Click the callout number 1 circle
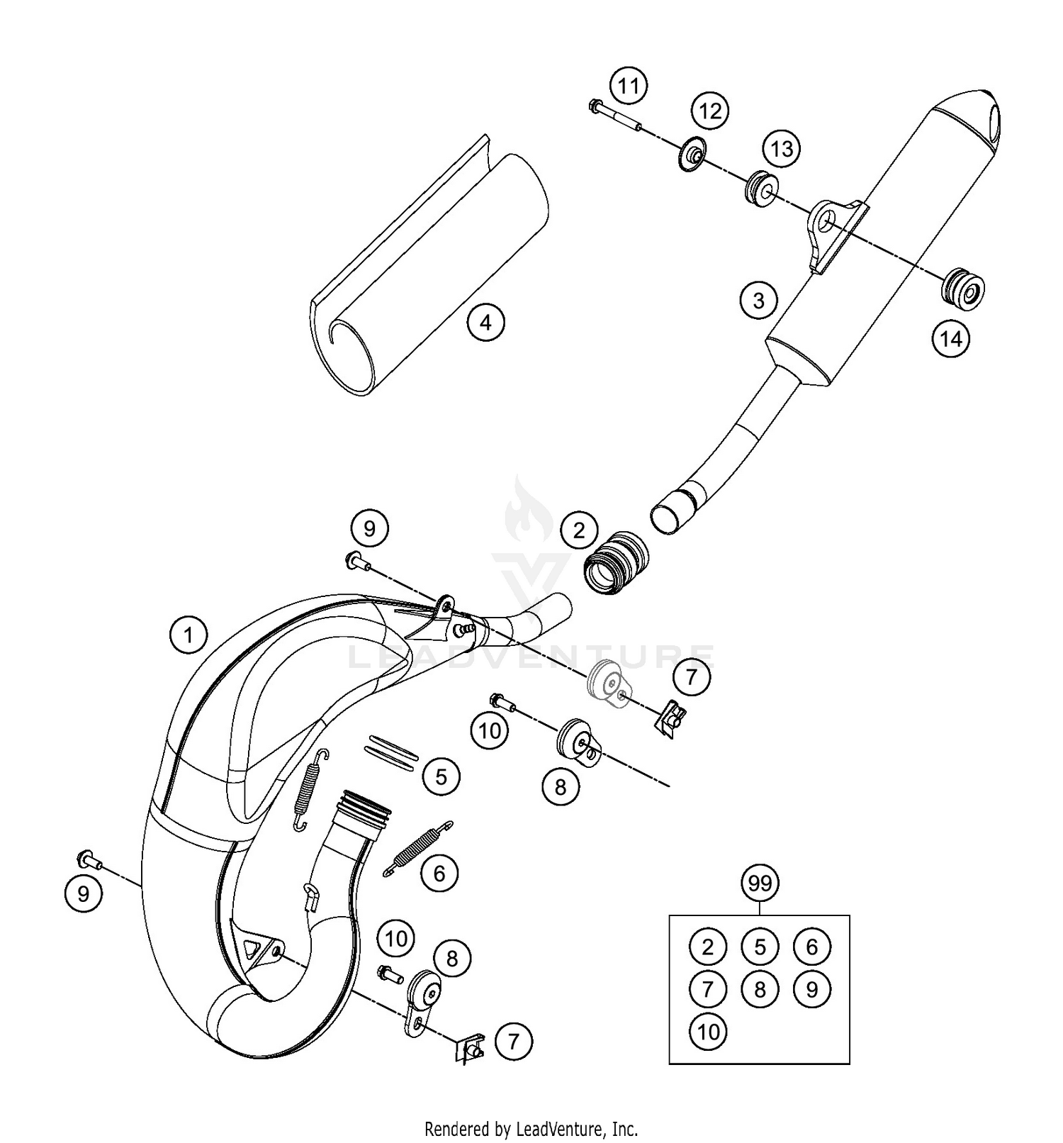189,635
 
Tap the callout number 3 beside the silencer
758,300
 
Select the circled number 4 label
485,323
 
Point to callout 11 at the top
629,87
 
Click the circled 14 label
951,339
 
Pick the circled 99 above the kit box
760,883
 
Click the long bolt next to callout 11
614,117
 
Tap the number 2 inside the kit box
707,947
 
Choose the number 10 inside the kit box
707,1032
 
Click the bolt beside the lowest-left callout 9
89,860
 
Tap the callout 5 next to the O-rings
441,776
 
